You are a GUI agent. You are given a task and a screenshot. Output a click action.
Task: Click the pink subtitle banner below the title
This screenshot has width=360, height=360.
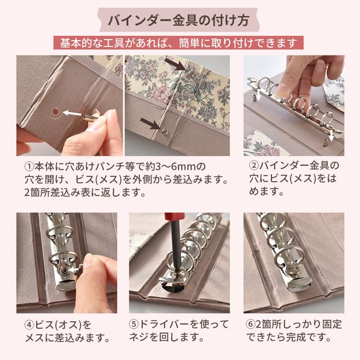[x=179, y=43]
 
